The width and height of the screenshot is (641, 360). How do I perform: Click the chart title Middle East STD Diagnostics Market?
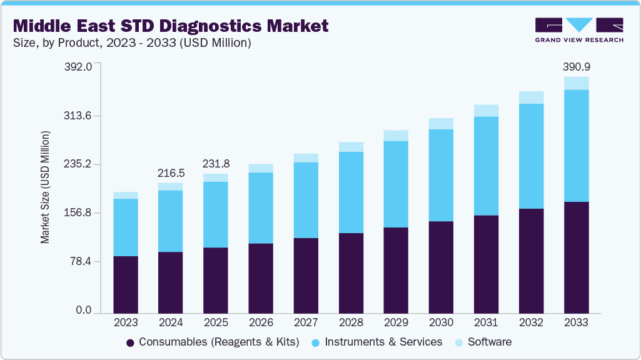(170, 26)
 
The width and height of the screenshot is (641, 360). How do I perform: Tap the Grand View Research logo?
(579, 30)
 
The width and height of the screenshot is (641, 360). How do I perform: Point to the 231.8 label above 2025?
(216, 164)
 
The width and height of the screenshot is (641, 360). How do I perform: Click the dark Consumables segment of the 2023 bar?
(126, 284)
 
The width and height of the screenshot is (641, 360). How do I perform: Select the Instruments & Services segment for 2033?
(576, 146)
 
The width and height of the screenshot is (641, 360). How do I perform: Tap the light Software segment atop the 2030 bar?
(441, 124)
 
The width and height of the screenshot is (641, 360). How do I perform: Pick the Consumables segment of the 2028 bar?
(351, 272)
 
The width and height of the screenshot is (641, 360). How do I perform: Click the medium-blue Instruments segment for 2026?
(261, 208)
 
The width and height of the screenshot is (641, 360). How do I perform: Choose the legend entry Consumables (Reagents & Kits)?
(213, 342)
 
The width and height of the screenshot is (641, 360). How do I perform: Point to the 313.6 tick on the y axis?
(79, 116)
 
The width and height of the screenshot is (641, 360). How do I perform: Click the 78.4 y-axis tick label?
(81, 261)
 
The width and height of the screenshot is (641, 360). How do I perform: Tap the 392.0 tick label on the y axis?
(79, 66)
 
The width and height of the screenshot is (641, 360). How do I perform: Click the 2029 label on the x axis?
(396, 322)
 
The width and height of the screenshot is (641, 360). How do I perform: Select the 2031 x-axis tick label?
(486, 322)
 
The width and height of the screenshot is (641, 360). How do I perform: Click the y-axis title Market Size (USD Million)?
(45, 187)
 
